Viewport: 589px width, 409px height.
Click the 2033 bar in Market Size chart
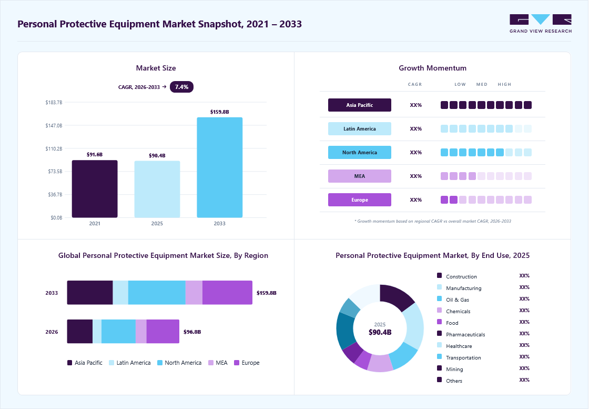(219, 167)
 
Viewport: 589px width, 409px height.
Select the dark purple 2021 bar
(95, 189)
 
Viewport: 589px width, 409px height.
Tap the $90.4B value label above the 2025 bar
(157, 156)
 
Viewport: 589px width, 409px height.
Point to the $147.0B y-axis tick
(54, 126)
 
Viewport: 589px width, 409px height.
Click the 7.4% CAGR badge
(181, 87)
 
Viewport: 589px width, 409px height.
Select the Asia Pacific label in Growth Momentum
(360, 105)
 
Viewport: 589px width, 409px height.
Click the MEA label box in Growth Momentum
(360, 176)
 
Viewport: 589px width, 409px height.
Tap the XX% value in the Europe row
(416, 200)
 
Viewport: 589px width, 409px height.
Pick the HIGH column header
(504, 85)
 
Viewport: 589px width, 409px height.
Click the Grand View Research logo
(541, 24)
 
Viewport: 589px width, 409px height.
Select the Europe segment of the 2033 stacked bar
(227, 293)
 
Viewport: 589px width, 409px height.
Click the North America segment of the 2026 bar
(118, 332)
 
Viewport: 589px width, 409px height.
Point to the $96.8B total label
(192, 332)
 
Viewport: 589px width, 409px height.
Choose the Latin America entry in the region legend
(129, 363)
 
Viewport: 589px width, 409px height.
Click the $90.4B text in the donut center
(380, 332)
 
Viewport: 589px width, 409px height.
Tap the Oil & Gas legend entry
(453, 300)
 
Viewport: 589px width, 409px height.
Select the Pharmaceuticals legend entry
(461, 334)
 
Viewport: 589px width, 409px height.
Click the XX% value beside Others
(524, 380)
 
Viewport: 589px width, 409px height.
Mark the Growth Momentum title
(432, 68)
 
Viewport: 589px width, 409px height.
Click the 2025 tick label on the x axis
(157, 224)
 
